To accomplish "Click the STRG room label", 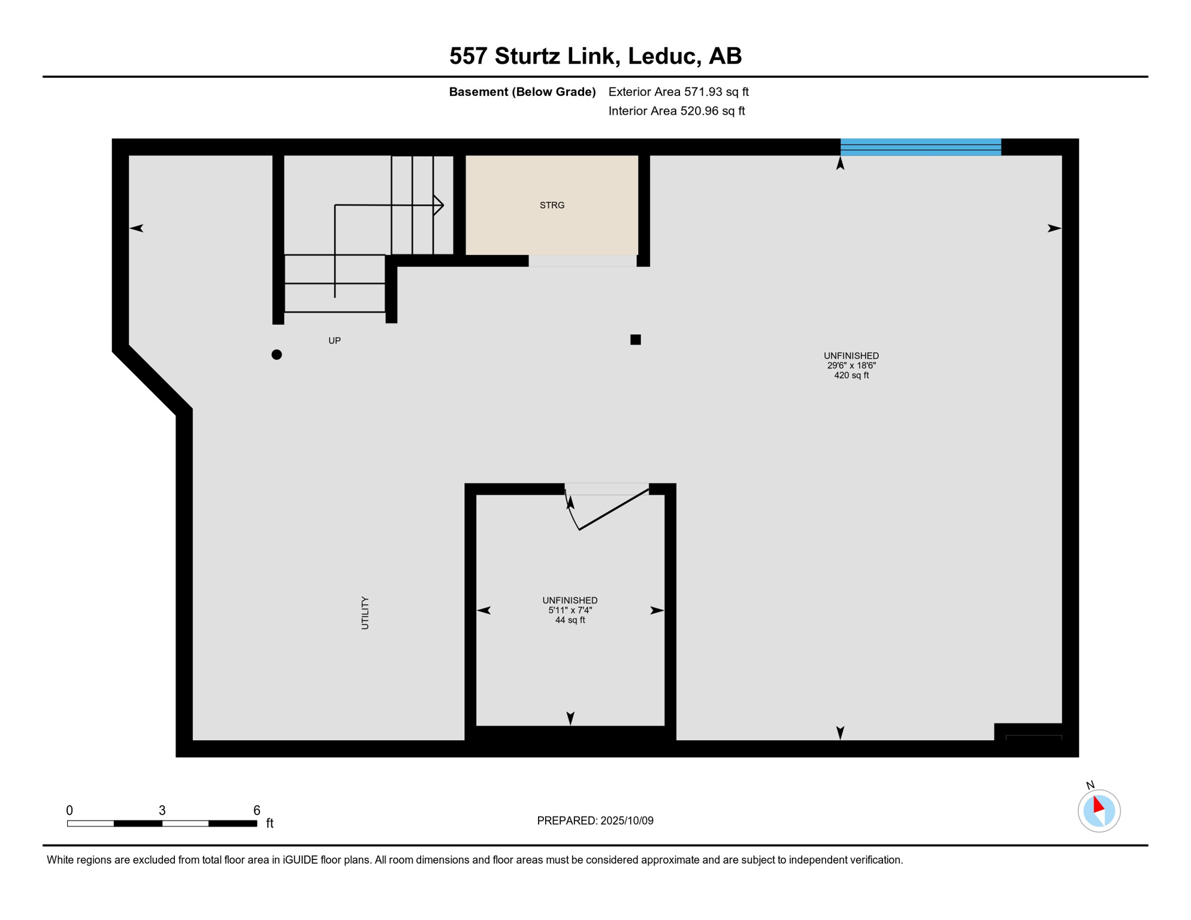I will point(552,205).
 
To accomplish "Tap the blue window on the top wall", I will point(920,147).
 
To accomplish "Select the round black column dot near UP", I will point(277,355).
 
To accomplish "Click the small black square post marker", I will point(636,340).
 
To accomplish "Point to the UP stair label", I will point(334,341).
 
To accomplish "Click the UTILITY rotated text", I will point(365,613).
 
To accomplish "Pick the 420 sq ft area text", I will point(851,376).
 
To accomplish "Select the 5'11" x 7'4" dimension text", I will point(570,610).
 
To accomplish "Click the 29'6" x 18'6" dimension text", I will point(851,365).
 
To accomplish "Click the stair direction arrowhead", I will point(439,205).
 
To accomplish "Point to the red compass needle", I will point(1098,804).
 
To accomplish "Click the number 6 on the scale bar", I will point(256,810).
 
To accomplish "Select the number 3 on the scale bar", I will point(162,810).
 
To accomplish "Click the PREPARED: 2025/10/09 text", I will point(595,821).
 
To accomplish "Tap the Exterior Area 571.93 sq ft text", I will point(678,92).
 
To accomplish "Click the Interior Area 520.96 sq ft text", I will point(676,111).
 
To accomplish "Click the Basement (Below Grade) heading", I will point(522,92).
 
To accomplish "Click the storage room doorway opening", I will point(582,261).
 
